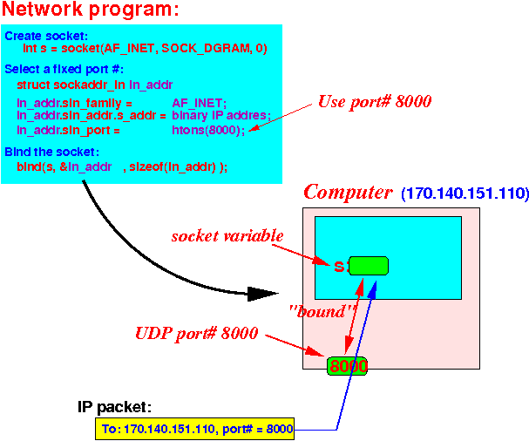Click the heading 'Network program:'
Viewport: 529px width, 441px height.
click(x=90, y=9)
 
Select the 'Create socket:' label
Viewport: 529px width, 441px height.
click(x=46, y=36)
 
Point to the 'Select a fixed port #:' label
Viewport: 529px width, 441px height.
click(x=64, y=69)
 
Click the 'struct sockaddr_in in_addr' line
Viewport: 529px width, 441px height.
click(x=95, y=85)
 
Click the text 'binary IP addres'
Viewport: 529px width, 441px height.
click(x=220, y=115)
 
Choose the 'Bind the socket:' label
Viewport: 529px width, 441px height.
click(x=52, y=152)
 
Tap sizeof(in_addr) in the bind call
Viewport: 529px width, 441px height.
click(x=173, y=166)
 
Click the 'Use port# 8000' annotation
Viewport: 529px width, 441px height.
click(x=375, y=102)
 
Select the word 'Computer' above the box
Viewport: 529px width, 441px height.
click(x=348, y=193)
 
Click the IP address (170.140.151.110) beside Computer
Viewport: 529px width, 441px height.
click(x=465, y=193)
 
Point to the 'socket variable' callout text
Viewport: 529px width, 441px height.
click(x=227, y=235)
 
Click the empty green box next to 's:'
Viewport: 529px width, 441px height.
click(x=369, y=266)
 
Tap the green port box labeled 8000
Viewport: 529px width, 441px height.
click(x=347, y=366)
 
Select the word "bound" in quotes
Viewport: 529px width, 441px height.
click(x=322, y=311)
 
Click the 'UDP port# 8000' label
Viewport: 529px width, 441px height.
click(x=197, y=334)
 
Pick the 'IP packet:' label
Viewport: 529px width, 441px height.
click(x=114, y=407)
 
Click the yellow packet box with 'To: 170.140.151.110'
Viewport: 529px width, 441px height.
click(x=194, y=429)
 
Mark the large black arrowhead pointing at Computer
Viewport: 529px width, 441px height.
click(x=262, y=294)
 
